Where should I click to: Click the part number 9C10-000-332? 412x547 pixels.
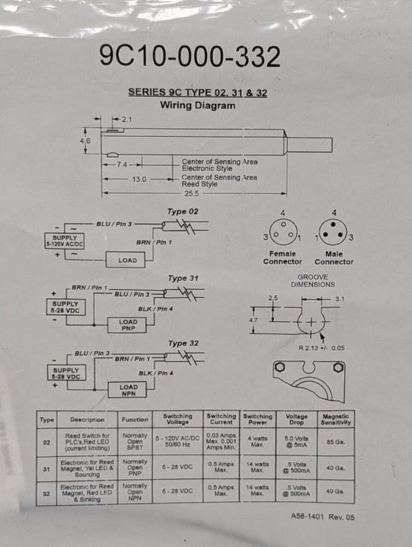pos(190,56)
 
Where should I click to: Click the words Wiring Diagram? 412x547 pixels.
pos(198,106)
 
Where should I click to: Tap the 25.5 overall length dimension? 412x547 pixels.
pos(192,194)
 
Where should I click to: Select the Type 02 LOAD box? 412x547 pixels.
pos(125,260)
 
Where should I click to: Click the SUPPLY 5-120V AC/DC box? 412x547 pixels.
pos(65,241)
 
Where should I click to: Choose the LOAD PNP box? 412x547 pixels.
pos(127,325)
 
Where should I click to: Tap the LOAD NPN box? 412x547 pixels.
pos(127,390)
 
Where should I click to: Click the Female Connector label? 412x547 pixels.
pos(282,258)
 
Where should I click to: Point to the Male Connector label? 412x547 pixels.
pos(334,258)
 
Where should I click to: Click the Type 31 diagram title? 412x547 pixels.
pos(183,278)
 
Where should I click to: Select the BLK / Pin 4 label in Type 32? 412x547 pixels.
pos(156,373)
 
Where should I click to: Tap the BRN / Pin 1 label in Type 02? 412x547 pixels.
pos(154,242)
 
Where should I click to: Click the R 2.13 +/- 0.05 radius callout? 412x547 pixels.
pos(321,348)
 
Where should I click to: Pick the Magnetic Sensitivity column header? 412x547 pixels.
pos(335,420)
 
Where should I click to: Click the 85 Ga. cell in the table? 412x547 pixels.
pos(335,442)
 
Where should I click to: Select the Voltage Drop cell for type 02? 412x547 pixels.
pos(297,442)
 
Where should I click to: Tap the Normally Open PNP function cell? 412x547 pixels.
pos(135,468)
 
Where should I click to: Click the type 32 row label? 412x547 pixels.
pos(47,493)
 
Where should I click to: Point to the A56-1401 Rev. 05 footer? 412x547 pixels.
pos(323,517)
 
